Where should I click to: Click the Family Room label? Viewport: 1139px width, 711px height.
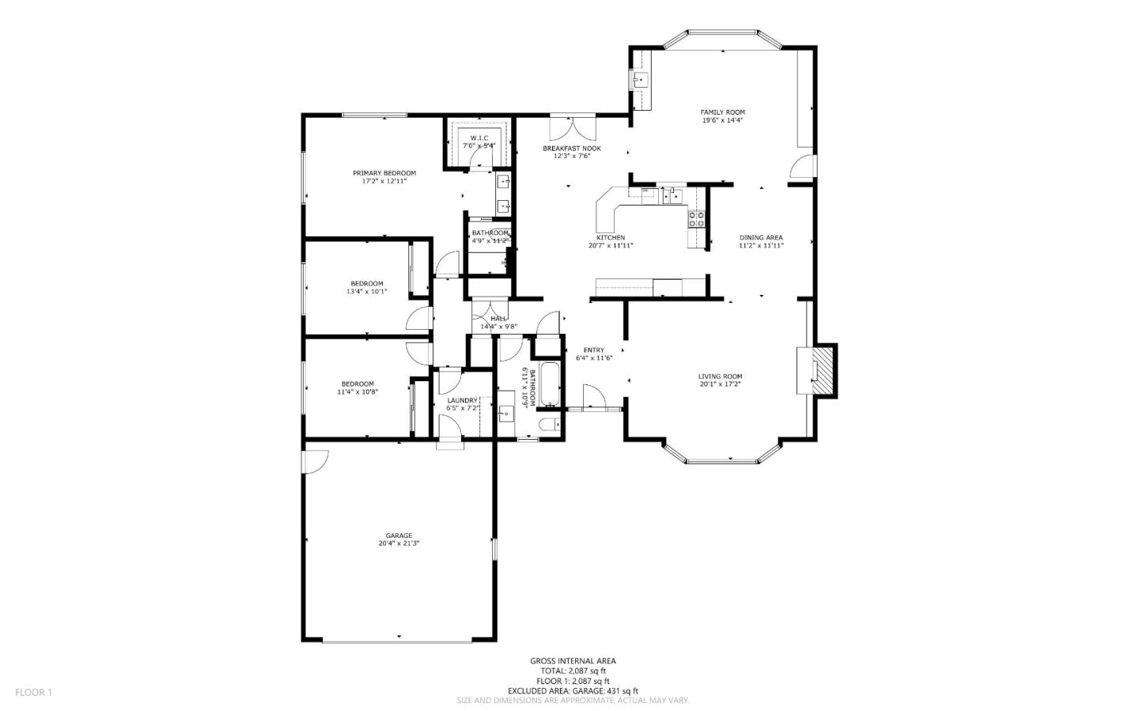click(x=722, y=112)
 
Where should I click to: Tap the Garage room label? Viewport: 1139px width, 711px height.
click(x=399, y=535)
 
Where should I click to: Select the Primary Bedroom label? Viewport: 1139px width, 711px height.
click(x=384, y=172)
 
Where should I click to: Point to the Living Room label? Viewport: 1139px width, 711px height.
click(x=720, y=376)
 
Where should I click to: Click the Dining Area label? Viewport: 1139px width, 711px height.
click(x=761, y=237)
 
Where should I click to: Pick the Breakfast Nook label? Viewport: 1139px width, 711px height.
click(x=571, y=149)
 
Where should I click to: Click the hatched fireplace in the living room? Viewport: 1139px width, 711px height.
click(x=824, y=369)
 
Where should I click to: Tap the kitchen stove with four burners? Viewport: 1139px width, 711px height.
click(x=696, y=219)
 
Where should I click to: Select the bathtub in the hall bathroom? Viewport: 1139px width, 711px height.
click(x=549, y=384)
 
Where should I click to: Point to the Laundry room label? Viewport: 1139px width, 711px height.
click(x=462, y=400)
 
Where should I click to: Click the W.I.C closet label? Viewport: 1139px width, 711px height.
click(x=479, y=138)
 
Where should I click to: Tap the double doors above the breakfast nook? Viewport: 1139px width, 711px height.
click(x=572, y=127)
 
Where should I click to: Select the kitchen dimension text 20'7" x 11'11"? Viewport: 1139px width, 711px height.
click(x=611, y=245)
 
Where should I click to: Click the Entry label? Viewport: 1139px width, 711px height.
click(x=594, y=350)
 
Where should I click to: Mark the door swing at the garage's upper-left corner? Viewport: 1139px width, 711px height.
click(x=315, y=461)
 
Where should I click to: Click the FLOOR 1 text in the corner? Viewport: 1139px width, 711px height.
click(x=33, y=692)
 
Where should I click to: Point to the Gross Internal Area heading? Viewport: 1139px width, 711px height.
click(x=573, y=660)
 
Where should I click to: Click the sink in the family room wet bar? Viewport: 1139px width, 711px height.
click(x=640, y=79)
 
